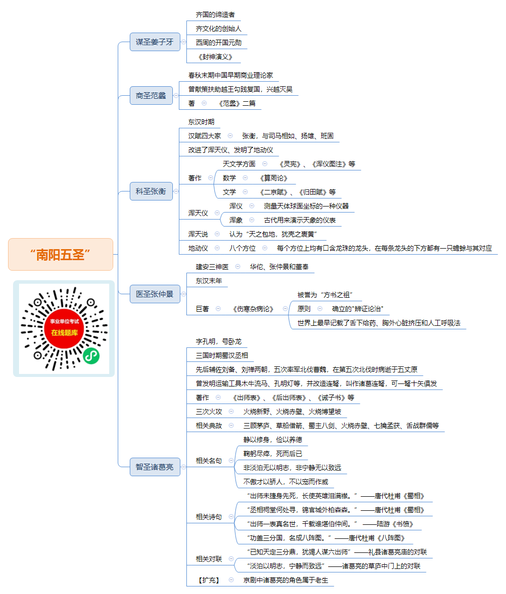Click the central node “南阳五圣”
tap(61, 255)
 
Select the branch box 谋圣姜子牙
tap(155, 42)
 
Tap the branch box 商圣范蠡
tap(151, 95)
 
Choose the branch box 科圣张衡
tap(151, 191)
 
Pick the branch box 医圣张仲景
tap(155, 294)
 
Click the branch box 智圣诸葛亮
tap(155, 467)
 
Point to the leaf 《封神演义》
tap(215, 57)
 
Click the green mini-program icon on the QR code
tap(91, 355)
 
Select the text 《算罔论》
tap(274, 178)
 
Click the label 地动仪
tap(198, 248)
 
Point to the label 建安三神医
tap(212, 267)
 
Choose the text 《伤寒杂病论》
tap(254, 309)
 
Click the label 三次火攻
tap(209, 412)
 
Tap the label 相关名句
tap(209, 461)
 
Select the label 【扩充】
tap(209, 580)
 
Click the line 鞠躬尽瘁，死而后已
tap(273, 454)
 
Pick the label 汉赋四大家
tap(204, 136)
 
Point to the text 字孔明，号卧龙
tap(218, 342)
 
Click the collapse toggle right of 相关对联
tap(231, 559)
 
